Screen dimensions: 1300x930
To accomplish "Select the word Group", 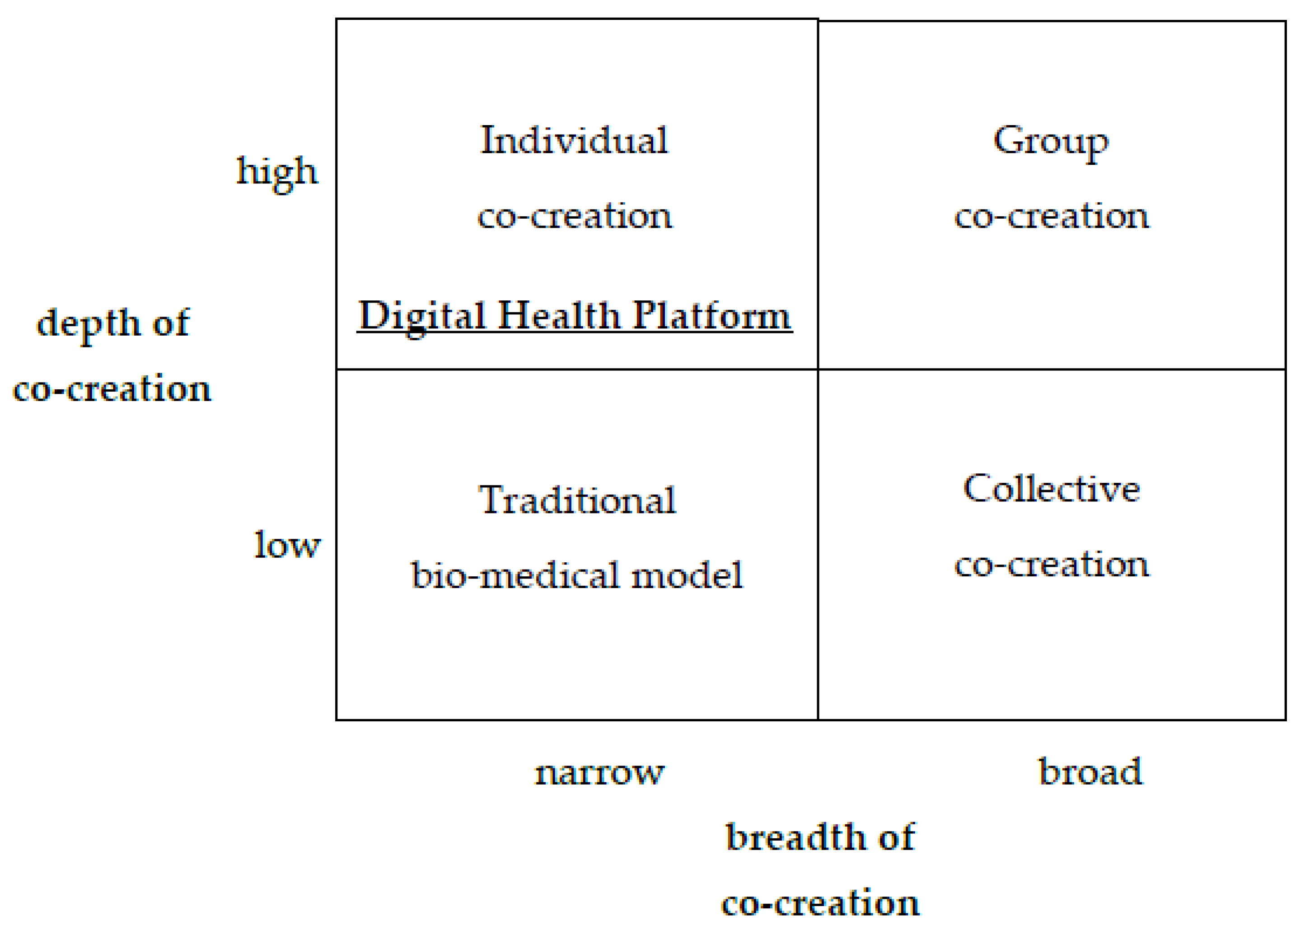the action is (x=1050, y=141).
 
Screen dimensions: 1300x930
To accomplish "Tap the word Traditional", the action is (x=577, y=500).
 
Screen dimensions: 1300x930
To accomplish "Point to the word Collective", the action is (x=1052, y=489).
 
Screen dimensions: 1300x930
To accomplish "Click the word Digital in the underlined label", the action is (x=422, y=316).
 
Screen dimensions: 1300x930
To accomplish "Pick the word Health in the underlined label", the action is (x=559, y=316).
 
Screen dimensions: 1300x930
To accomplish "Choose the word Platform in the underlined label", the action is (x=712, y=316).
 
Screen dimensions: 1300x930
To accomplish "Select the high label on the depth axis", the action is (x=277, y=172).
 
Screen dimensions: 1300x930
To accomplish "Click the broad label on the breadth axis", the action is (x=1090, y=771).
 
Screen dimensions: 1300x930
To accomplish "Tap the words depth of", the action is (x=113, y=323).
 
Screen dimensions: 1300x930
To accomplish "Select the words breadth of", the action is (x=820, y=837).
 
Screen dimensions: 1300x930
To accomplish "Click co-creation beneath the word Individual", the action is (x=575, y=216).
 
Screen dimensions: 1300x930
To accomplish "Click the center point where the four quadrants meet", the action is (x=818, y=369).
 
